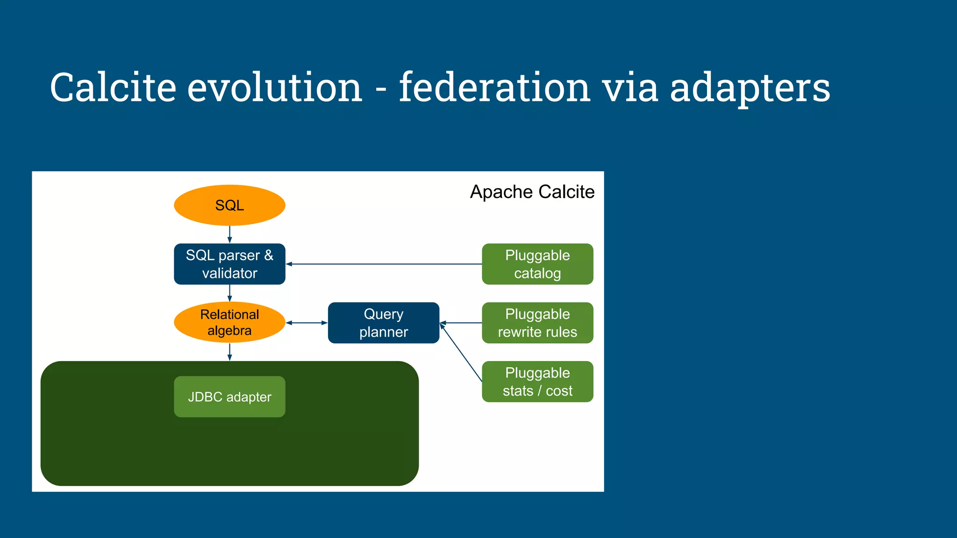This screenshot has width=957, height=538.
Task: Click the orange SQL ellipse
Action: coord(229,205)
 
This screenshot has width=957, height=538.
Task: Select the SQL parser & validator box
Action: coord(229,264)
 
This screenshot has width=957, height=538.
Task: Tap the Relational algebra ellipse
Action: coord(229,322)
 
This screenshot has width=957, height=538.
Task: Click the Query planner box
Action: coord(383,323)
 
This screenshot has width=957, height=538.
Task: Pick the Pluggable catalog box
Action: coord(537,264)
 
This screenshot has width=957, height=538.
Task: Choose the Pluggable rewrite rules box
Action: coord(537,323)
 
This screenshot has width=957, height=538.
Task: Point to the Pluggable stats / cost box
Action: coord(537,382)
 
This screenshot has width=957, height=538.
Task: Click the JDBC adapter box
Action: coord(229,396)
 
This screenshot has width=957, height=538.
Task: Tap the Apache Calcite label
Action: coord(532,192)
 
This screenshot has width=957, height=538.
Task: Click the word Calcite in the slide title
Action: coord(113,87)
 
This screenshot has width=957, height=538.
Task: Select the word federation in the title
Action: coord(494,87)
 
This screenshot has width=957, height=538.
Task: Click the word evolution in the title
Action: coord(275,87)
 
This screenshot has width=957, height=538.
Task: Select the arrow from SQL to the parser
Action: coord(229,234)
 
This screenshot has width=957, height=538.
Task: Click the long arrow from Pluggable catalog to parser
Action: coord(383,264)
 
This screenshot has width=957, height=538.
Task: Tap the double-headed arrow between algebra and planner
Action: coord(307,323)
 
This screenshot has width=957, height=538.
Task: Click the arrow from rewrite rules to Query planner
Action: coord(461,323)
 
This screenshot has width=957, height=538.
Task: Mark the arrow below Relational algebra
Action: coord(229,352)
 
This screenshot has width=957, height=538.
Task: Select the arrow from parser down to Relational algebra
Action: coord(229,293)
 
